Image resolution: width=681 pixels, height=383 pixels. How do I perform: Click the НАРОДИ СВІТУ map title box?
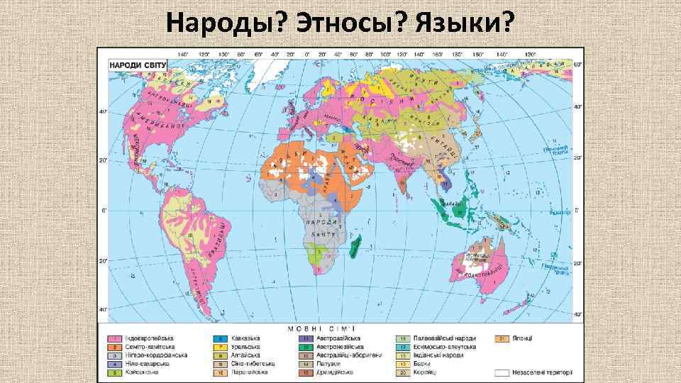coord(138,65)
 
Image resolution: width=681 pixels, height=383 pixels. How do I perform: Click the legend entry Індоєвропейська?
coord(153,338)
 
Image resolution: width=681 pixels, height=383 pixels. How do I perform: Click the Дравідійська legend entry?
coord(337,371)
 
